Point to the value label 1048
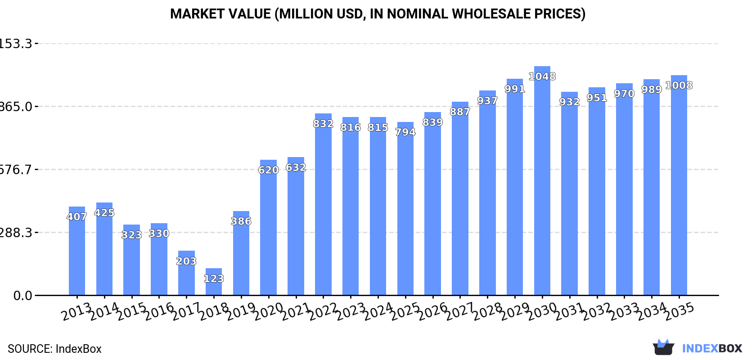click(542, 76)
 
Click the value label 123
click(214, 279)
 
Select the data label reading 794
click(405, 132)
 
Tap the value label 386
click(241, 221)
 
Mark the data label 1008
click(679, 85)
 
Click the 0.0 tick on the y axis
click(22, 296)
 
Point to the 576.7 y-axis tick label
click(16, 170)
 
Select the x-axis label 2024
click(378, 311)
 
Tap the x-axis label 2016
click(159, 311)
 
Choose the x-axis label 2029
click(515, 311)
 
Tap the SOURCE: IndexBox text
click(54, 349)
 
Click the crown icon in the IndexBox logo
click(663, 347)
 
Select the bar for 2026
click(432, 207)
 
